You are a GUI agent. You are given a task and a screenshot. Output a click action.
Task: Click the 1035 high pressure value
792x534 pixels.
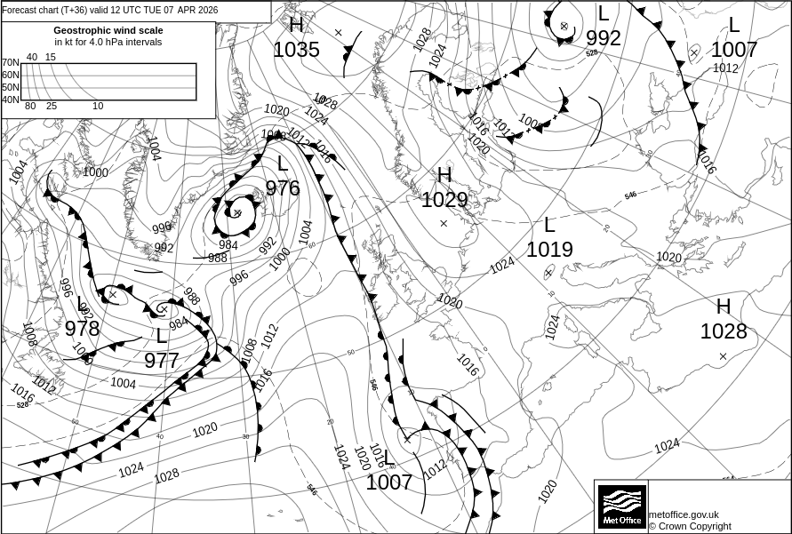point(296,50)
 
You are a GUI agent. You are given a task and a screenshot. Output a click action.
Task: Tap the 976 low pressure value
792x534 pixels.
point(283,188)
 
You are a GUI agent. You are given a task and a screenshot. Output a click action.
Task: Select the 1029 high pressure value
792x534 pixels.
point(444,200)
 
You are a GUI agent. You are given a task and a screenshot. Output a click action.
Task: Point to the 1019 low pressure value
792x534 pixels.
point(549,250)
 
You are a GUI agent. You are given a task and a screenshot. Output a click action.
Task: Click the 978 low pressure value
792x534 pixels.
point(83,329)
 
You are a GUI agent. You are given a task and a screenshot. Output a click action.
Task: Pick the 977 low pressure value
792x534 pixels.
point(162,361)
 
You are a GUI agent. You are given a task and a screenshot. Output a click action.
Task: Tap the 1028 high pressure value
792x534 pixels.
point(724,331)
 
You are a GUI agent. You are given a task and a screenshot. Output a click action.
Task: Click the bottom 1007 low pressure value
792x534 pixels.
point(389,482)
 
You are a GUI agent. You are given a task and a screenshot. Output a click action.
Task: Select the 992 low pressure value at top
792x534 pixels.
point(604,38)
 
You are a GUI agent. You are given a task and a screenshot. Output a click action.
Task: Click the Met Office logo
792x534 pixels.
point(621,506)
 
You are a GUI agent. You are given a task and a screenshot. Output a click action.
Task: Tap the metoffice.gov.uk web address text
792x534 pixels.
point(684,514)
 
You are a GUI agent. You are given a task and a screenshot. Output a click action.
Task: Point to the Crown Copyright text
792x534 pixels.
point(690,526)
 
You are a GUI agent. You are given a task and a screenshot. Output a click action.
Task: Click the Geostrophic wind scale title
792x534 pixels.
point(108,30)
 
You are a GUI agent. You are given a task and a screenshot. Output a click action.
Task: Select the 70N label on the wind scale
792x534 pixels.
point(10,63)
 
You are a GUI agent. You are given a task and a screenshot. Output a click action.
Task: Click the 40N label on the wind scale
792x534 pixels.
point(10,100)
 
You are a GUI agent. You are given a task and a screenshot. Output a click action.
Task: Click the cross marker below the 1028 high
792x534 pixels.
point(723,356)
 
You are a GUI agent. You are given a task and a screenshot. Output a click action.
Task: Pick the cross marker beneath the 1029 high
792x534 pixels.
point(444,223)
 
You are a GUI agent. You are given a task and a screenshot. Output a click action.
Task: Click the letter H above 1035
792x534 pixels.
point(296,25)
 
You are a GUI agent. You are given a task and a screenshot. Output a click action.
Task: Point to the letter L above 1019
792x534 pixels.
point(549,225)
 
